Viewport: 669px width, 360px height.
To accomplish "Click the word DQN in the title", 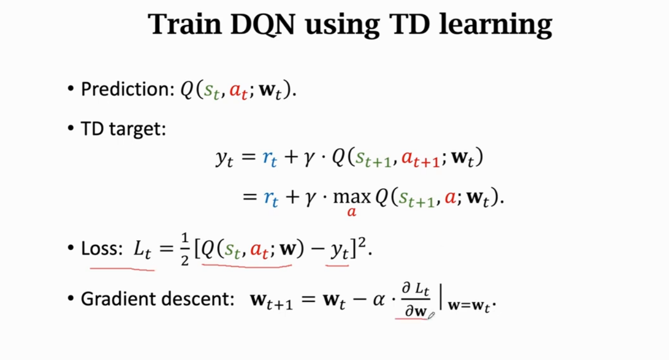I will (x=265, y=25).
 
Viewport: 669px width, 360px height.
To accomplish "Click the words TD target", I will (x=123, y=129).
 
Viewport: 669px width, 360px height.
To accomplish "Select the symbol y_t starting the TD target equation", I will (x=224, y=159).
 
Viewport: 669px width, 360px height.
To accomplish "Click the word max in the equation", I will (x=353, y=198).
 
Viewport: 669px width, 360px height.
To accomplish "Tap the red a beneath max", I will (x=352, y=212).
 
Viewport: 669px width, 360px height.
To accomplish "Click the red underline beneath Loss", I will (x=121, y=267).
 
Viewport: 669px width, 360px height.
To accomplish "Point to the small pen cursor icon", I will (x=432, y=315).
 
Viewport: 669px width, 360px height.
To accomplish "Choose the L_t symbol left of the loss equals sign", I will (x=143, y=250).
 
